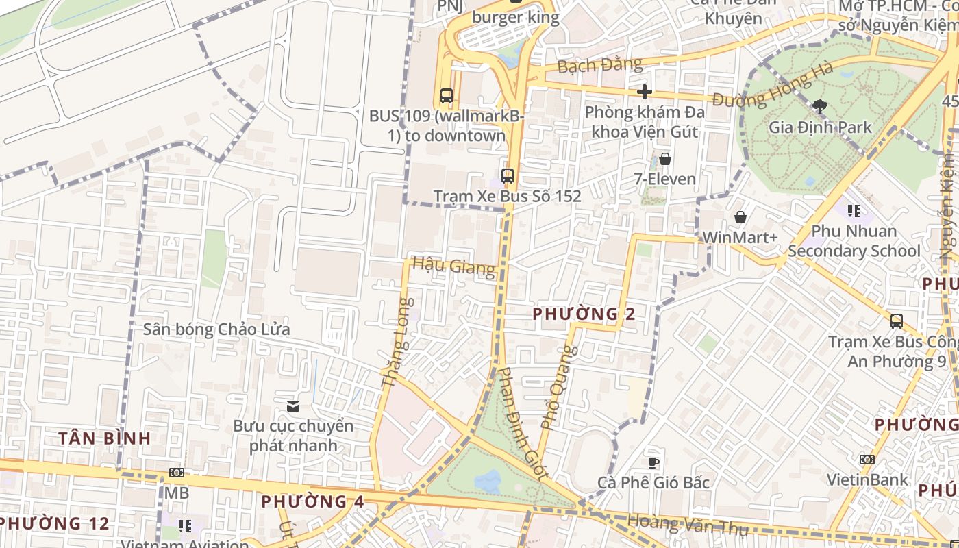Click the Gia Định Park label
[820, 127]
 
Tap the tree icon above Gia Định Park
[819, 106]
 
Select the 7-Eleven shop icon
[664, 159]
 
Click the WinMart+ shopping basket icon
[740, 217]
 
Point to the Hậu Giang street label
[453, 266]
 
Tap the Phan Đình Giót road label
[522, 423]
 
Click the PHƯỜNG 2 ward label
[584, 314]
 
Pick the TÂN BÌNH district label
[104, 438]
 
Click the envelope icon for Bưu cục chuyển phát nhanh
[293, 406]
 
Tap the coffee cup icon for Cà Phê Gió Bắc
[653, 462]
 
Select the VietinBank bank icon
[867, 459]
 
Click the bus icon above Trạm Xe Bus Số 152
[507, 175]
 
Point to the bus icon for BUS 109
[447, 96]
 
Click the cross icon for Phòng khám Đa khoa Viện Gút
[644, 91]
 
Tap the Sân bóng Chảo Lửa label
[216, 329]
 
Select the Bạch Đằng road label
[599, 66]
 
